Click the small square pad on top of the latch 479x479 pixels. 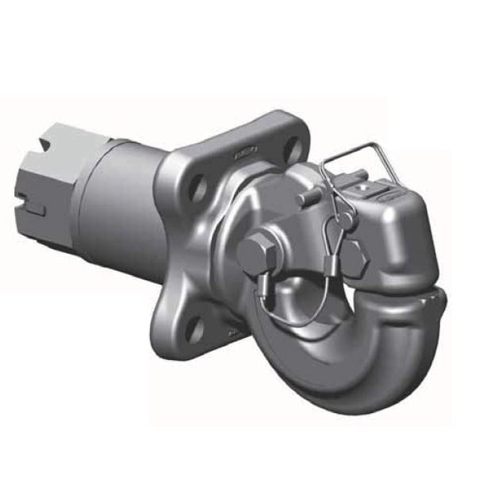point(366,187)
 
